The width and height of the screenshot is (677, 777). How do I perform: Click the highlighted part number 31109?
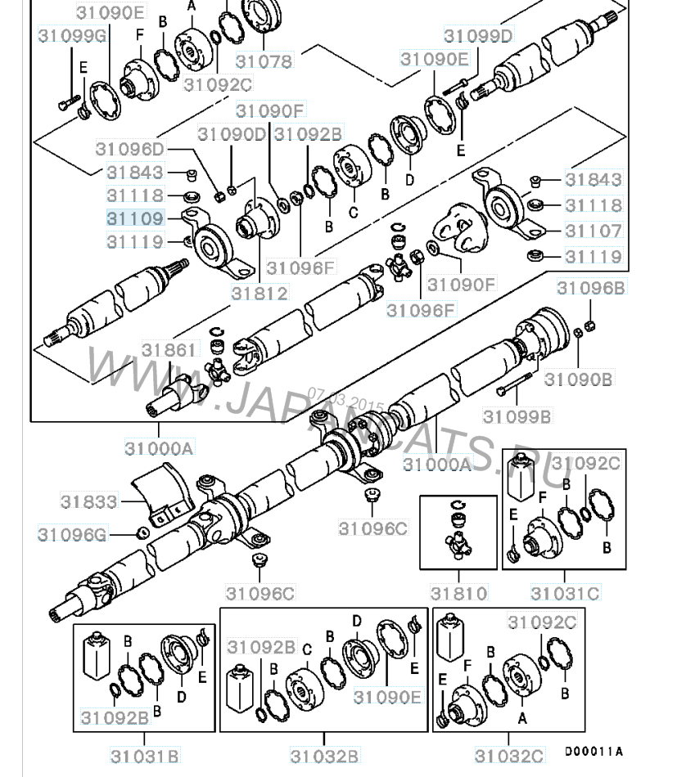135,218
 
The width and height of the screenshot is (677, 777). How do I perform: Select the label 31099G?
73,35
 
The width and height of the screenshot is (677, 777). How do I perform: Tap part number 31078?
264,61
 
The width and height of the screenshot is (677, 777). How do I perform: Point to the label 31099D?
478,36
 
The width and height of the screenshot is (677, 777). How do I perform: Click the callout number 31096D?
129,150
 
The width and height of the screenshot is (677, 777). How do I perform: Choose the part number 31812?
259,292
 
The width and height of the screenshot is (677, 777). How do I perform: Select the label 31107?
594,231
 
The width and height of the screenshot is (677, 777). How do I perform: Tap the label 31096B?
591,287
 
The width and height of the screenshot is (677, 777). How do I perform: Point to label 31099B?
517,416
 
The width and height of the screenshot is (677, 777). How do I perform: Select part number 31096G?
73,535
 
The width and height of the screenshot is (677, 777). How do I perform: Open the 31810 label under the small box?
459,593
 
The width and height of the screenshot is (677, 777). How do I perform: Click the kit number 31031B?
144,755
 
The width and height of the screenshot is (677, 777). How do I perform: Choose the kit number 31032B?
325,755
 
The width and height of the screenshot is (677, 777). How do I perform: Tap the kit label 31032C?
509,755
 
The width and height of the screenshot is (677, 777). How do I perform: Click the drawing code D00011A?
594,751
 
